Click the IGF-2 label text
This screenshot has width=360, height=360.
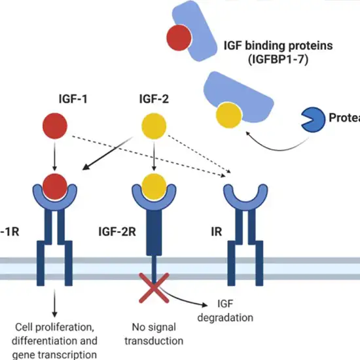point(154,101)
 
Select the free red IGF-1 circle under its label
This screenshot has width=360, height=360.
point(54,126)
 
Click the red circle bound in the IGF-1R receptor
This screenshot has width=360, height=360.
point(54,186)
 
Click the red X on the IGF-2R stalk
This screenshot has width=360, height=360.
point(153,286)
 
